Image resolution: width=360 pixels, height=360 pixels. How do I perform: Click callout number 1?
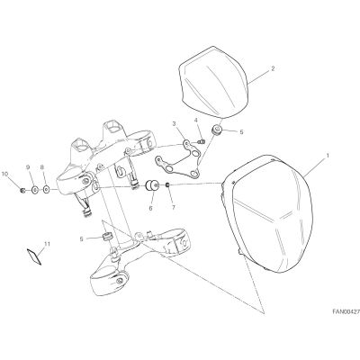[x=328, y=156]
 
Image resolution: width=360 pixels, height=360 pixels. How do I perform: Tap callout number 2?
[x=273, y=68]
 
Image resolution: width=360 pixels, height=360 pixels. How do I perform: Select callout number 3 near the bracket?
[x=174, y=123]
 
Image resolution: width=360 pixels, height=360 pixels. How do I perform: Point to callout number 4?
[x=196, y=121]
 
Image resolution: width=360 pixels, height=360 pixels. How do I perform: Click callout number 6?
[x=150, y=208]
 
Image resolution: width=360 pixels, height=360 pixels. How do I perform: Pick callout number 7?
[x=173, y=208]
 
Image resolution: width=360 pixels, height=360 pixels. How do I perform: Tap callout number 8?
[x=41, y=167]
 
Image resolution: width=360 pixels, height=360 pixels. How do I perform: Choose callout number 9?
[x=28, y=167]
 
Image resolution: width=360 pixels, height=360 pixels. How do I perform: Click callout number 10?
[x=4, y=174]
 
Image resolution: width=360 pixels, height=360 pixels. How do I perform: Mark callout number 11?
[x=47, y=244]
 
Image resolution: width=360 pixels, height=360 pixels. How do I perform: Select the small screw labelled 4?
[x=202, y=141]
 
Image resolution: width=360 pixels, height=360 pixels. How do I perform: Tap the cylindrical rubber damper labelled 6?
[x=152, y=185]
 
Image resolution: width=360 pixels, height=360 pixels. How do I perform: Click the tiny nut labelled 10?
[x=22, y=190]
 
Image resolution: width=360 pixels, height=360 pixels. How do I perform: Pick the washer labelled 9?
[x=34, y=190]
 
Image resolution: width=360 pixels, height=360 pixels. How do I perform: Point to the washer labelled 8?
[x=47, y=190]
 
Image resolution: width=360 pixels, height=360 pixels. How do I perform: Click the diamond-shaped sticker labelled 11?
[x=34, y=256]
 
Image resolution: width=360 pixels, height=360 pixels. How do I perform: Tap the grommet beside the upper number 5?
[x=216, y=130]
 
